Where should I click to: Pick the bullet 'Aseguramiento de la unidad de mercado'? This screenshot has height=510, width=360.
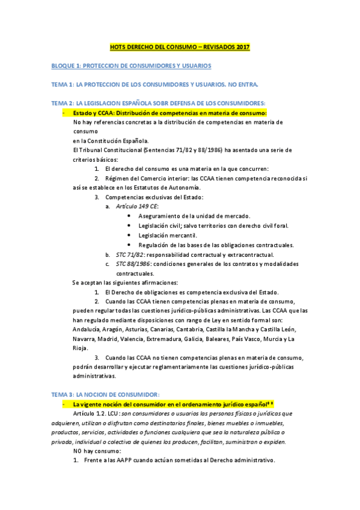click(x=194, y=216)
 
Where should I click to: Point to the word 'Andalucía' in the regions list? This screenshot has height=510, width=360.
click(x=87, y=330)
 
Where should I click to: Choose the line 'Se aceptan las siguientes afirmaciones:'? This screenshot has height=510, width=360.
click(x=125, y=283)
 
